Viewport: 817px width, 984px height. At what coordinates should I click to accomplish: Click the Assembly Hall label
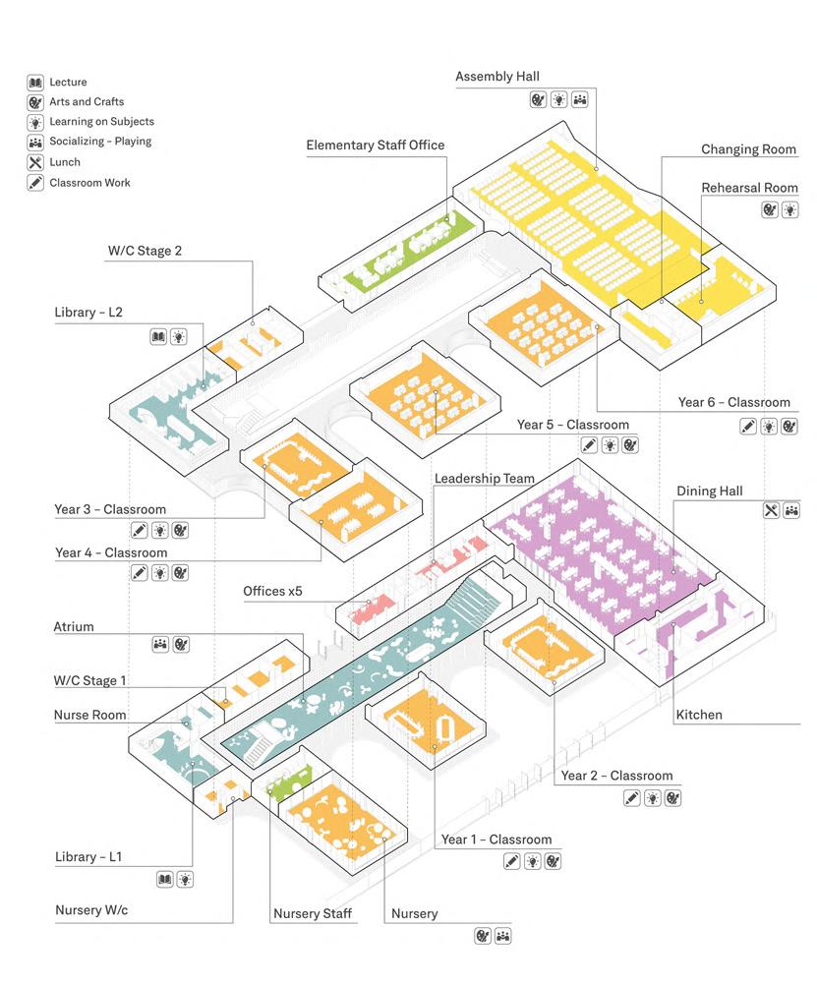point(496,77)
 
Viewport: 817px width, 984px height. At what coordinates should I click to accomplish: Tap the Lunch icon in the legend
point(35,162)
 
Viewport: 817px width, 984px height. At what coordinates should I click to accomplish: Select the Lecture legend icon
point(35,83)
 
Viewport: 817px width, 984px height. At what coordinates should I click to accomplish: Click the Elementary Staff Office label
point(376,145)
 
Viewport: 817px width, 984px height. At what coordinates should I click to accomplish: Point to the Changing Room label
point(748,149)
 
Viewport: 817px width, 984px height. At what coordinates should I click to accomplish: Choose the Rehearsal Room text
point(750,188)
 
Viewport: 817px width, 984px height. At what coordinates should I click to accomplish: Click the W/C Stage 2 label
point(145,251)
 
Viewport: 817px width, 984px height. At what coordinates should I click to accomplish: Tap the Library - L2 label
point(88,313)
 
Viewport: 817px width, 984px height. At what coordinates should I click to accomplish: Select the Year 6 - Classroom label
point(734,402)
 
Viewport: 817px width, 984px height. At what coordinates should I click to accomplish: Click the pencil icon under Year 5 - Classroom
point(589,445)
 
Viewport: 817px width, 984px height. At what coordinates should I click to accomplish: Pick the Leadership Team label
point(485,478)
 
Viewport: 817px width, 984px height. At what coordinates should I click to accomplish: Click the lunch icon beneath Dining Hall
point(771,510)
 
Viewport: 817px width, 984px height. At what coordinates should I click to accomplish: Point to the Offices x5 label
point(272,591)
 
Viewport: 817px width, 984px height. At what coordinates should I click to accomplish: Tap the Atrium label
point(74,627)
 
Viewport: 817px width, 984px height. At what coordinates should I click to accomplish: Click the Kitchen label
point(699,715)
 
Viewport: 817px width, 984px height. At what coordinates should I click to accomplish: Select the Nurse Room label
point(89,716)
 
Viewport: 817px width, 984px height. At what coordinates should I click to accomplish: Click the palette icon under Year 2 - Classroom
point(672,798)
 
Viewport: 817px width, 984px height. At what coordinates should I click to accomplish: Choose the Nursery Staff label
point(313,914)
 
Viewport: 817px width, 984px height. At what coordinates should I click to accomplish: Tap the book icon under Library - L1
point(164,879)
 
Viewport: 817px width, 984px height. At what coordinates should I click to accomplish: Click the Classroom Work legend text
point(89,183)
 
